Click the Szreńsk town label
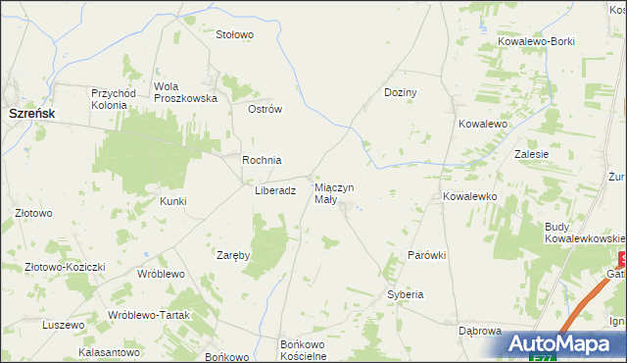coord(31,114)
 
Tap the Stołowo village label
coord(235,34)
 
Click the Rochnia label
coord(263,160)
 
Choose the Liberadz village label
coord(275,192)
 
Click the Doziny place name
coord(400,92)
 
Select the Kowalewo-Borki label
coord(536,41)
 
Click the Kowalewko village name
coord(471,196)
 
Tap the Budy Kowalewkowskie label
coord(585,233)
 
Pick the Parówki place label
coord(427,255)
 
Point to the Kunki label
coord(172,201)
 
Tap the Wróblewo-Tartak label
coord(147,315)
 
